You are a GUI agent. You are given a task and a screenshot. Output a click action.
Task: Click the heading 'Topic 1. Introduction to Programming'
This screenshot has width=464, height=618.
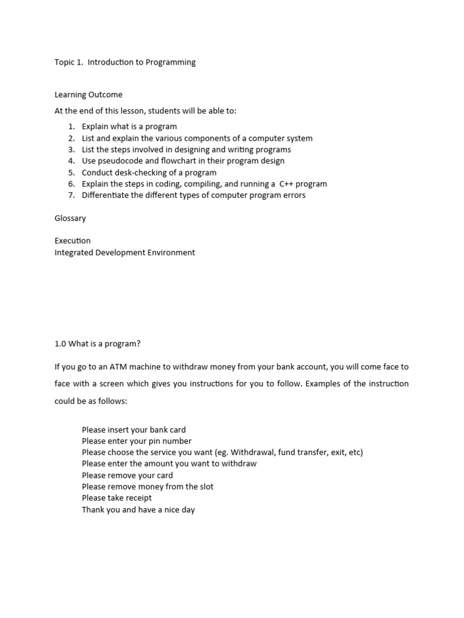coord(125,62)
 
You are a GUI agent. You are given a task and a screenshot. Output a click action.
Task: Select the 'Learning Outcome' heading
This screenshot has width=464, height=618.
coord(88,95)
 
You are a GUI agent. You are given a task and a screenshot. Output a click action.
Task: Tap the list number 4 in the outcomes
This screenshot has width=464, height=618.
coord(71,161)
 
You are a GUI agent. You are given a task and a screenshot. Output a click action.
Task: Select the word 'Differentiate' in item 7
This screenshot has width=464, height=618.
coord(108,196)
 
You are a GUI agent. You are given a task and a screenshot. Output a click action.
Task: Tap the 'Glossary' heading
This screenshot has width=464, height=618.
coord(70,218)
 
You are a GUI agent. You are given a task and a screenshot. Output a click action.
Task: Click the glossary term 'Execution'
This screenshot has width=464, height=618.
coord(72,241)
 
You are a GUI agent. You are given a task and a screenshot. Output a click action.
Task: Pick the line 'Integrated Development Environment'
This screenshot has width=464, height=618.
coord(124,253)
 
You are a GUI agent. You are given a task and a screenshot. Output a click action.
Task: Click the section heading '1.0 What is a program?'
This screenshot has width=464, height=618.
coord(97,344)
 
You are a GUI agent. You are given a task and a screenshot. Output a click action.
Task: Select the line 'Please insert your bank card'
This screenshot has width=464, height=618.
coord(134,430)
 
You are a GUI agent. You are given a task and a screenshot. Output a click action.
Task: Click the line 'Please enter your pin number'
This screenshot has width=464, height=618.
coord(137,441)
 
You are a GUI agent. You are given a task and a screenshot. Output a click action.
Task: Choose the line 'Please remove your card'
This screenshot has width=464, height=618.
coord(127,476)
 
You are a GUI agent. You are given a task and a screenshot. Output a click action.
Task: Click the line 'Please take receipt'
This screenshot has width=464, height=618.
coord(117,499)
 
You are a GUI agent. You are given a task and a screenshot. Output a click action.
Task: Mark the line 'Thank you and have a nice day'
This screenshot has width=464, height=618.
coord(138,510)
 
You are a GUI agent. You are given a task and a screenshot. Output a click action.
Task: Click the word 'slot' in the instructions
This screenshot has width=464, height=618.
coord(206,487)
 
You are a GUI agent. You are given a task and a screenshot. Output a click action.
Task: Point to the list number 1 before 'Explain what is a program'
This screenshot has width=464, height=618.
coord(71,127)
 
